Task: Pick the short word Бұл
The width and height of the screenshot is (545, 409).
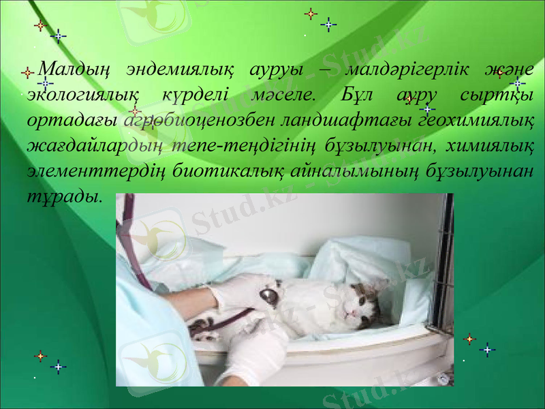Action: (356, 95)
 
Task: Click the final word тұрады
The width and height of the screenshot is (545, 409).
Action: (65, 196)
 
